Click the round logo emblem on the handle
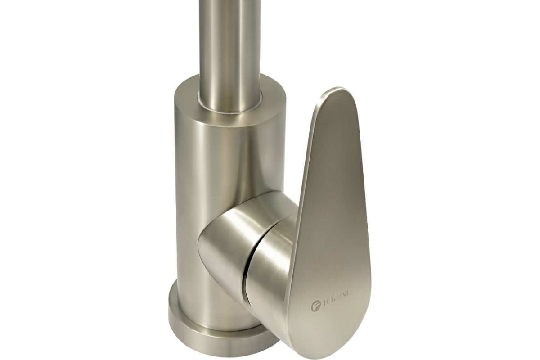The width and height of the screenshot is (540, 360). coord(315,306)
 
